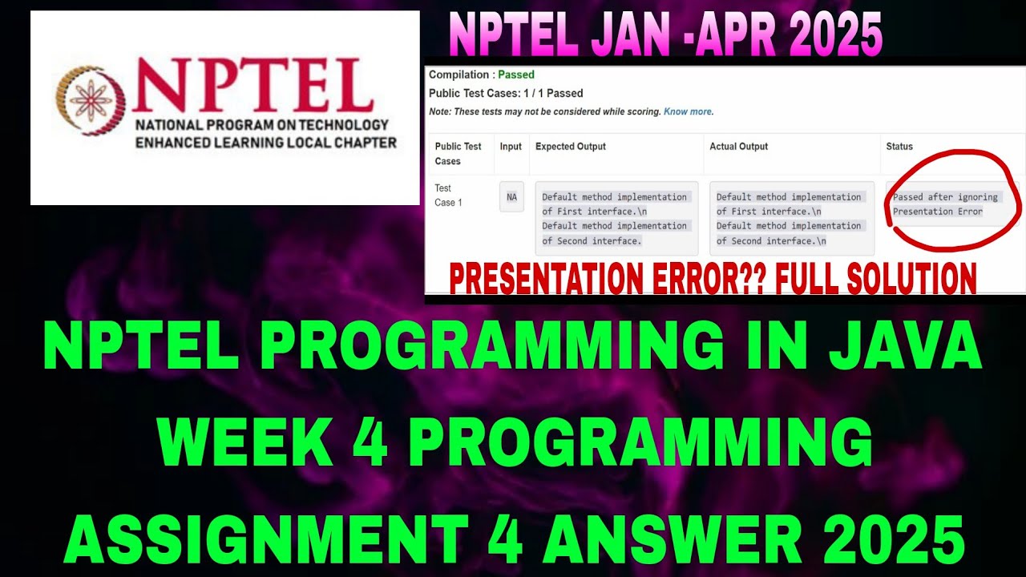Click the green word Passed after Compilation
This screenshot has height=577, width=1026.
click(x=516, y=75)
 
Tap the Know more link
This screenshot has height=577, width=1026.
click(x=688, y=111)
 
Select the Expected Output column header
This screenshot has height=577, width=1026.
click(x=571, y=147)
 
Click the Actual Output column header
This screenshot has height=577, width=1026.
click(x=738, y=147)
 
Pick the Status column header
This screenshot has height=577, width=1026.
click(x=899, y=147)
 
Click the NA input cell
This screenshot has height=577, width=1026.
click(x=511, y=196)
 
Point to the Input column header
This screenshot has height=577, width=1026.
click(x=511, y=147)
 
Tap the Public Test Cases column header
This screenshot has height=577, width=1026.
click(x=458, y=154)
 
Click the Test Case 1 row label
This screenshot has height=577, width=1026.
click(x=448, y=196)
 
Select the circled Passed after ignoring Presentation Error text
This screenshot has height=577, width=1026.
click(x=945, y=204)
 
